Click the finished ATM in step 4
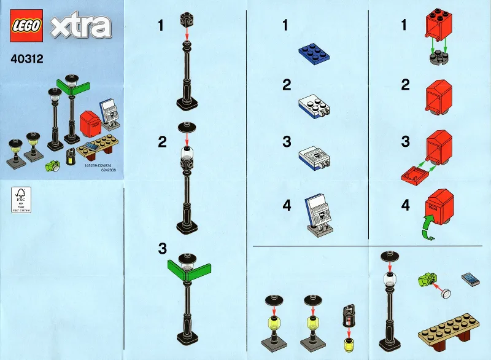[x=319, y=215]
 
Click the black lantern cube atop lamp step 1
[x=187, y=19]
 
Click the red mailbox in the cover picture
[x=89, y=121]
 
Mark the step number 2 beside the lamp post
[x=162, y=142]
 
